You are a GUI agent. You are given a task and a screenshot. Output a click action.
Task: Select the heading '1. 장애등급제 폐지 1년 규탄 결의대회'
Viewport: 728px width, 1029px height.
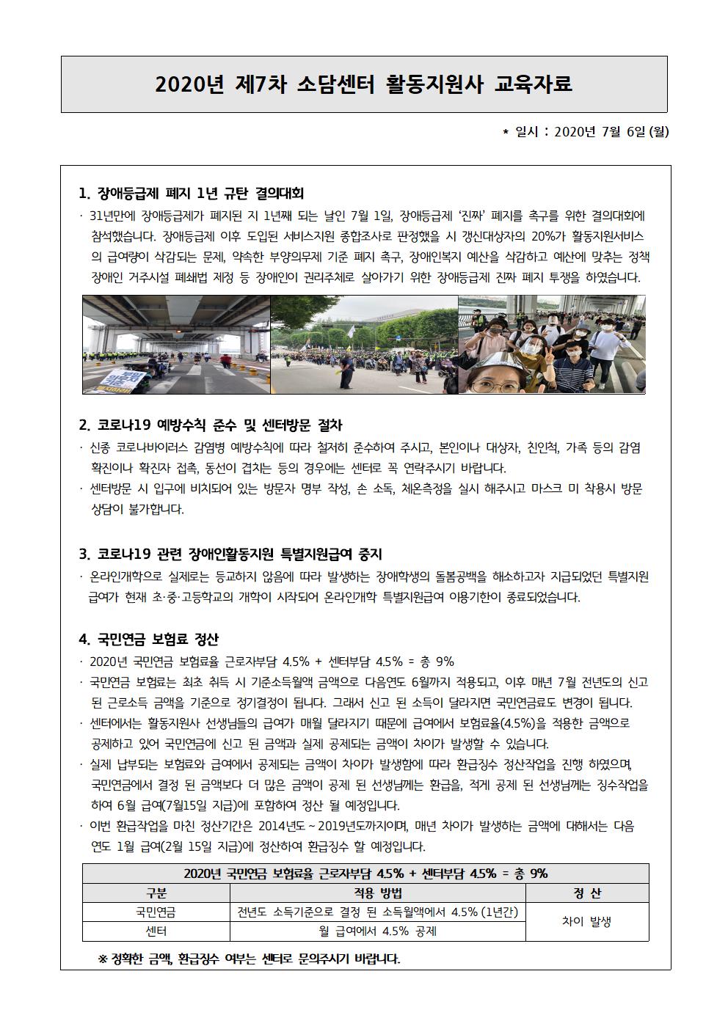(191, 194)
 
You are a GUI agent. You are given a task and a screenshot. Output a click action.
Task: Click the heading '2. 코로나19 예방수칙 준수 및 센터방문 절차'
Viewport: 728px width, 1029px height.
(211, 425)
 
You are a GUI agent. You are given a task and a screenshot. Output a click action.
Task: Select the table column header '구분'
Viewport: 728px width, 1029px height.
(156, 893)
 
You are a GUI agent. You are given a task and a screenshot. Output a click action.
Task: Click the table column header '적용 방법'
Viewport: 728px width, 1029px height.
(377, 893)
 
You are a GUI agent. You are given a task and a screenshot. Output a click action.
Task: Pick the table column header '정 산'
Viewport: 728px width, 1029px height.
(586, 893)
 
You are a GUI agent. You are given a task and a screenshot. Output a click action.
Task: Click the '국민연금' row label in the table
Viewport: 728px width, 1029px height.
(156, 912)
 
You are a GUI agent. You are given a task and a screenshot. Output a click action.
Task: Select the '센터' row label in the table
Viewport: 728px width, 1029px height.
(156, 931)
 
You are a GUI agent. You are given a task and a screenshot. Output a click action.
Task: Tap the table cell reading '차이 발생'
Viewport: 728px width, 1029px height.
(586, 922)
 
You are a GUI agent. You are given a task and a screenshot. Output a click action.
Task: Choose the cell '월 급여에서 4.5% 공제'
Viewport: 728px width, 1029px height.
(377, 931)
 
